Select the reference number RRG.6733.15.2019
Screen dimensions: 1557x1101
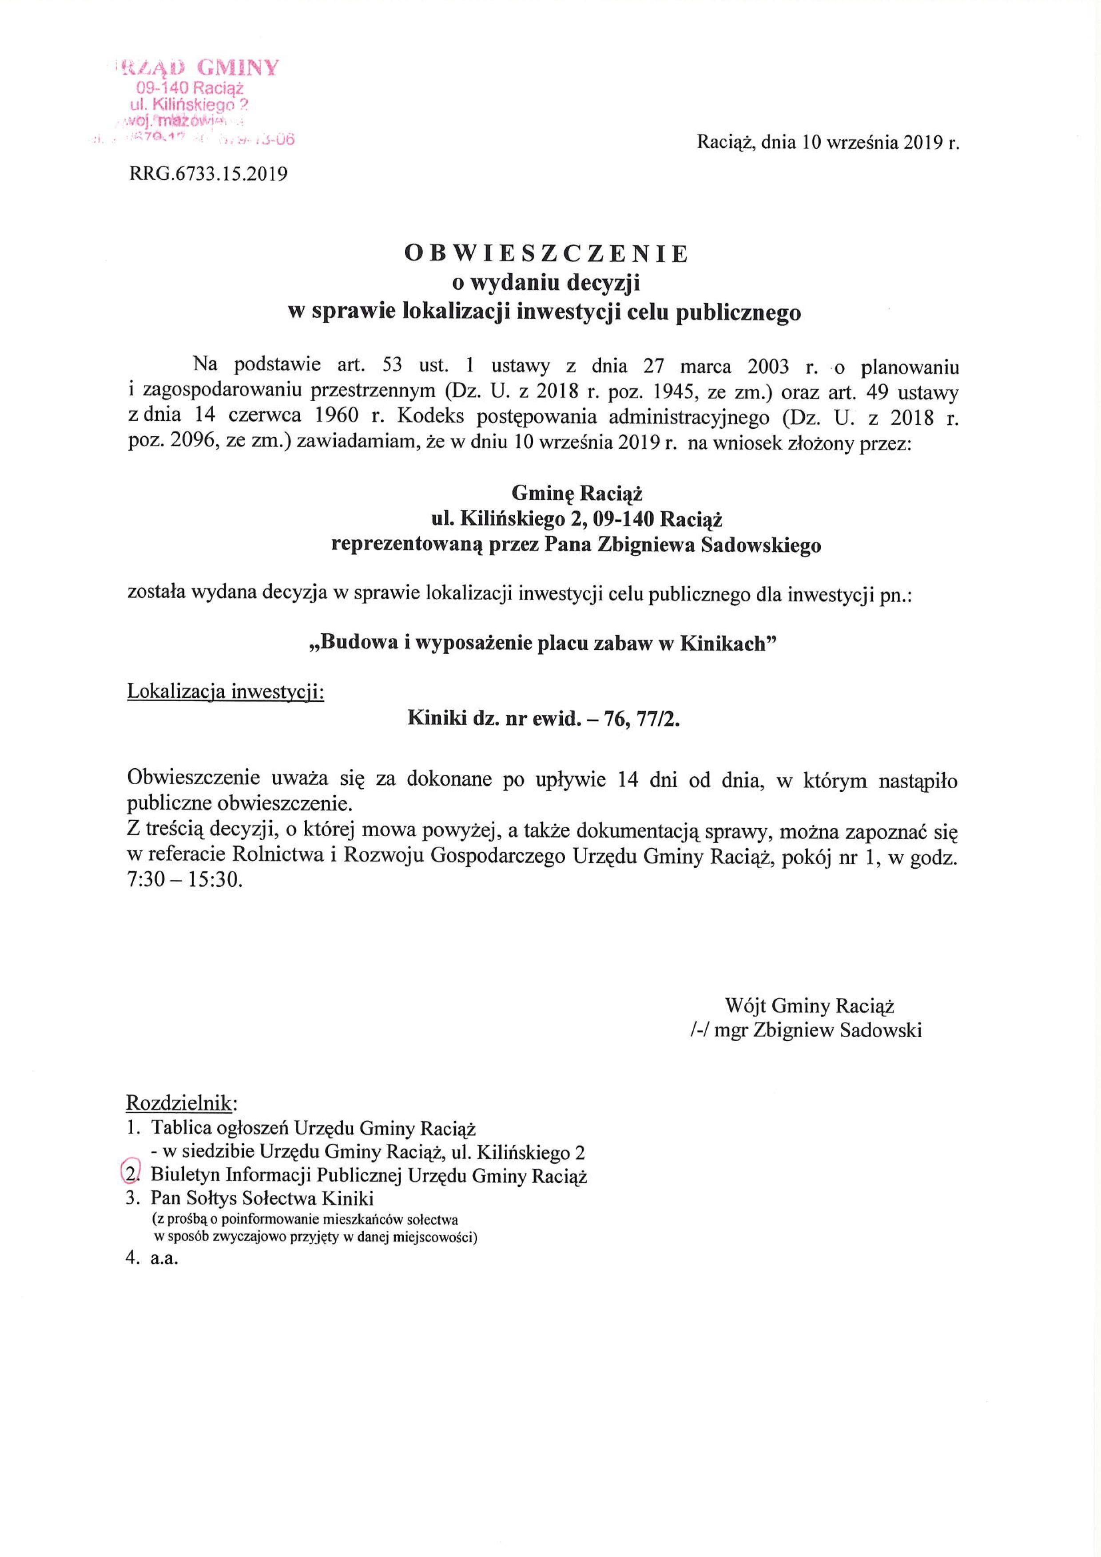coord(208,174)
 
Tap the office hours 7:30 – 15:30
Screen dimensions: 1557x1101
coord(184,882)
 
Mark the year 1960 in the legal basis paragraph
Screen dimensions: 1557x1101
coord(337,417)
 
